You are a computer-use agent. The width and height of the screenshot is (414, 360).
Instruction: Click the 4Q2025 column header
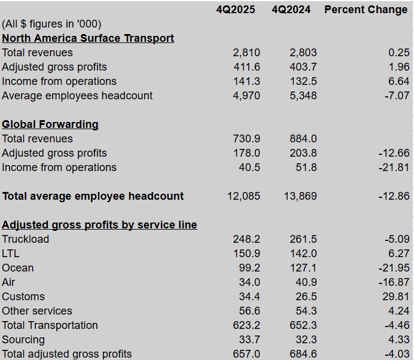[236, 10]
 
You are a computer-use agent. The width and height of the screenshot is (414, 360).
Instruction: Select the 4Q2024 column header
[291, 10]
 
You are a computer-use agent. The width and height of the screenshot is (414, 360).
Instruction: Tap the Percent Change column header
[366, 10]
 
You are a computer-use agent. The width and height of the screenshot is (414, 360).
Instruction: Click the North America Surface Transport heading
[88, 38]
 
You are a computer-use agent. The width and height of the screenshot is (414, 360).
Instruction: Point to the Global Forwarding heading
[50, 124]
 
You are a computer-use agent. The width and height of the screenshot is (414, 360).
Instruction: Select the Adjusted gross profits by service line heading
[99, 225]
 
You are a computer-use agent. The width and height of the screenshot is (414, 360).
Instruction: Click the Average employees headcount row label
[77, 96]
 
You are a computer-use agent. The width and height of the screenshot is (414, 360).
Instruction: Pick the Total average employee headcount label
[93, 196]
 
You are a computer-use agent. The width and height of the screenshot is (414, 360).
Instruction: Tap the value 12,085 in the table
[244, 196]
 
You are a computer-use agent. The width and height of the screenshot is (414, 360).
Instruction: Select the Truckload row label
[25, 239]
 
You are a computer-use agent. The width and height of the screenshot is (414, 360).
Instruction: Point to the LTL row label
[11, 254]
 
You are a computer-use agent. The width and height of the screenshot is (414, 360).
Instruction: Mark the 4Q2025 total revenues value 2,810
[246, 53]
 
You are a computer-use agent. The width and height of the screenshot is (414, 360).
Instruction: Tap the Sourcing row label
[23, 340]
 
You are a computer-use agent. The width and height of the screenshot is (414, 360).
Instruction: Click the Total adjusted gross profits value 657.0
[246, 354]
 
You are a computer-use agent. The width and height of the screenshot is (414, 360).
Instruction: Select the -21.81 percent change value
[394, 167]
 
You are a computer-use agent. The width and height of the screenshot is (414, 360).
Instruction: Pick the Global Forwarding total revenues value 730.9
[246, 139]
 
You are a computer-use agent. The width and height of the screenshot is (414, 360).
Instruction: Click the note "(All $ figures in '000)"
[51, 24]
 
